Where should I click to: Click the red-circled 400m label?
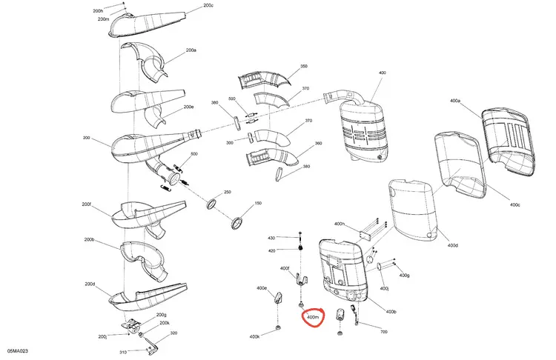312,317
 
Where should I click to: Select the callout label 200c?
208,5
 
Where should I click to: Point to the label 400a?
455,101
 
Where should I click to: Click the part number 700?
384,332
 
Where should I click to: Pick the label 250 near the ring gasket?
228,192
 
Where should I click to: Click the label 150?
258,204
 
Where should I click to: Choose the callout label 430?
271,238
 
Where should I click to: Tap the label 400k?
254,336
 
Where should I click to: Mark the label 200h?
98,11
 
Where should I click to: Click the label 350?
304,66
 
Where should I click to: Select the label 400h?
340,224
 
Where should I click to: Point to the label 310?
122,352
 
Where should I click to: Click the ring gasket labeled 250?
212,204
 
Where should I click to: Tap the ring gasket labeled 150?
237,223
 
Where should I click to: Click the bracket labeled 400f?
301,279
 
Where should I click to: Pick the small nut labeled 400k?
278,327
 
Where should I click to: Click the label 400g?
404,276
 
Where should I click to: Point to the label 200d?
90,284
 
